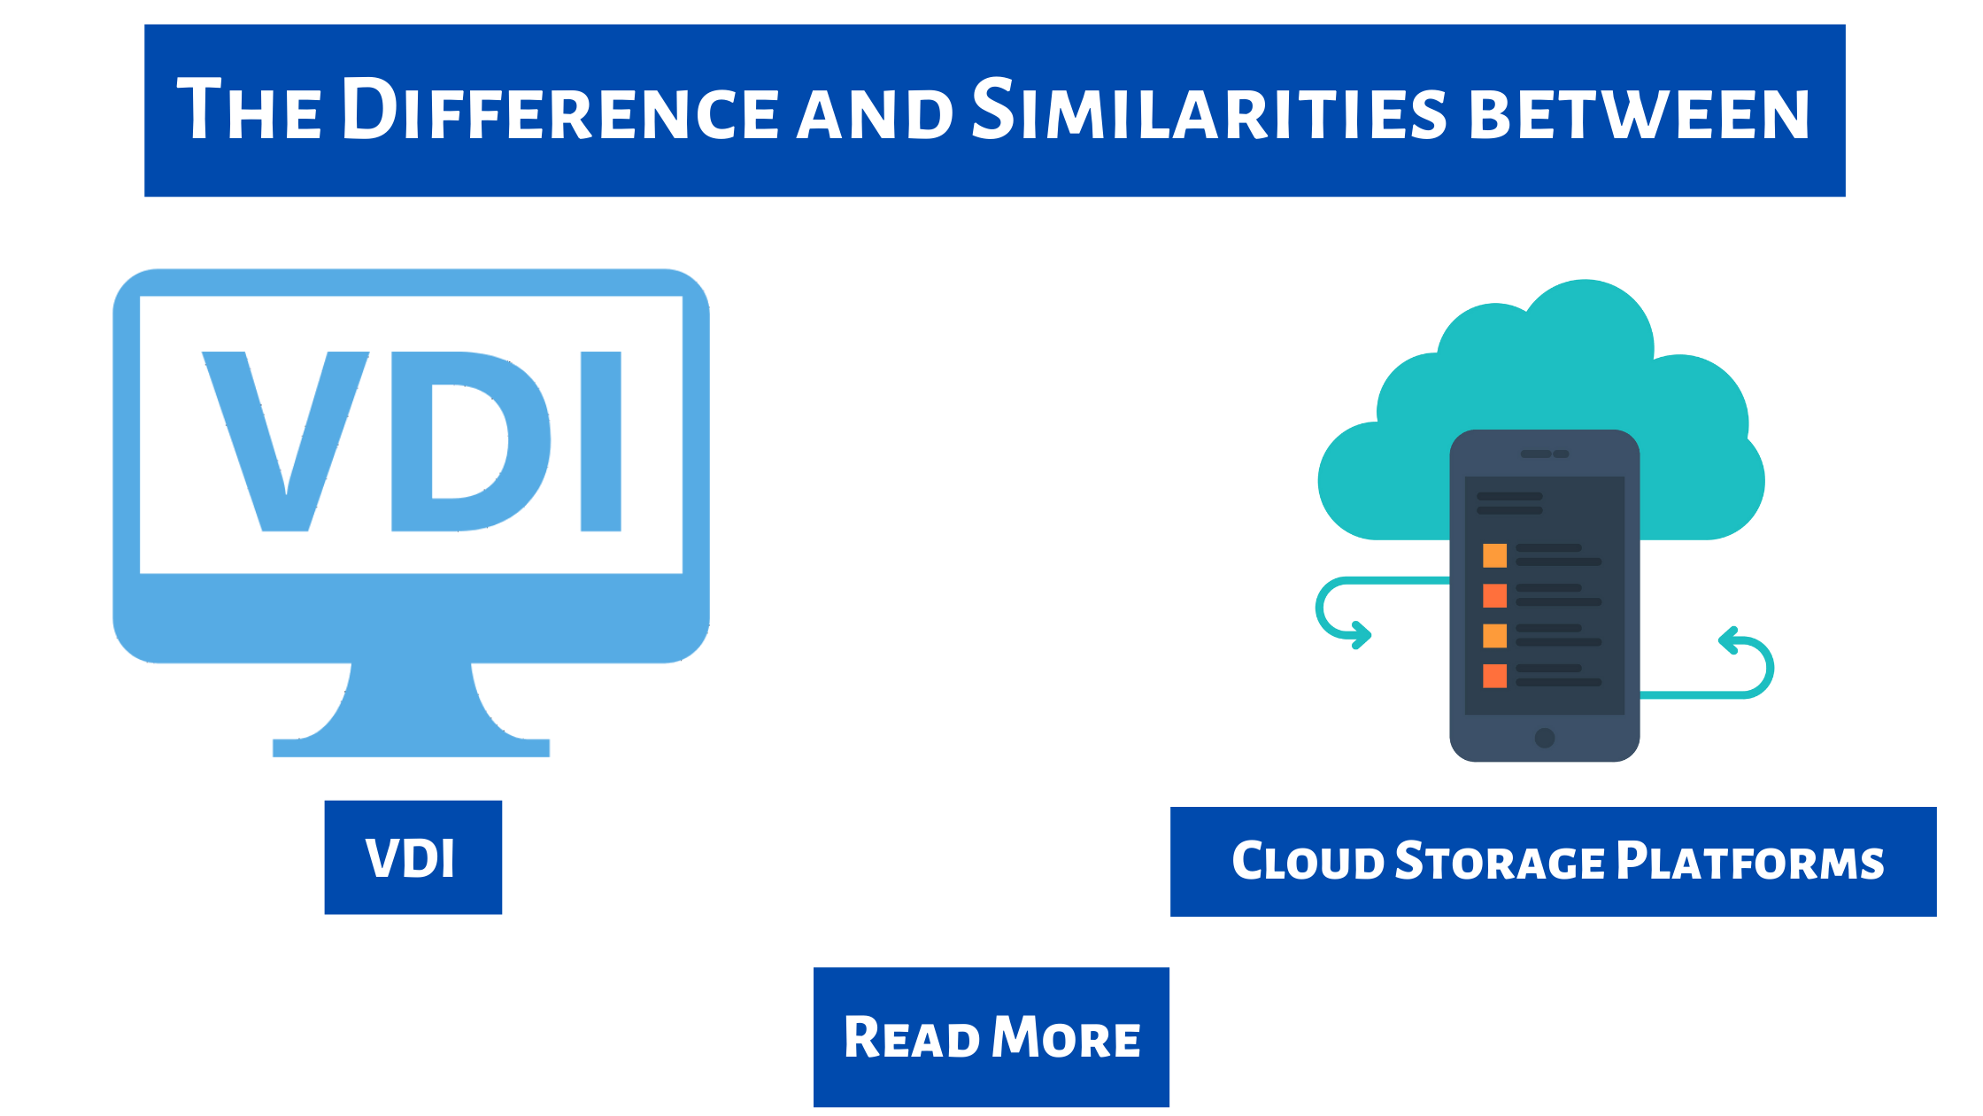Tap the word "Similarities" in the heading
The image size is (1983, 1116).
point(1208,111)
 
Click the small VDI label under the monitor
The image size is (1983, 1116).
point(412,857)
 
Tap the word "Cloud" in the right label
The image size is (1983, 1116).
point(1308,862)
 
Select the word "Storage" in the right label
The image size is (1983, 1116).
point(1500,862)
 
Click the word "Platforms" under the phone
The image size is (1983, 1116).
point(1750,862)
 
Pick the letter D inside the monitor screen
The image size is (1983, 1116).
point(469,441)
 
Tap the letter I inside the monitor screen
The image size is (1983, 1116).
point(600,441)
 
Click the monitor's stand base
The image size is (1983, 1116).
point(411,746)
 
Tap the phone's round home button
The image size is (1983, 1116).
point(1545,738)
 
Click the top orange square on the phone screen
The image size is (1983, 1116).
point(1494,555)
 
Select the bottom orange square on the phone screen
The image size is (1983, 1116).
point(1494,676)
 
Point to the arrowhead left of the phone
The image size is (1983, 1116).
point(1361,635)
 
